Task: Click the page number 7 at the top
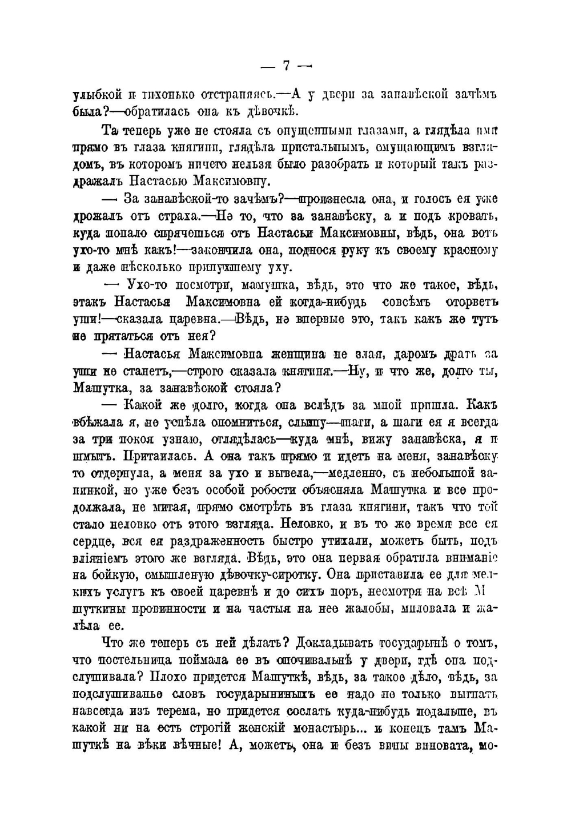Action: (x=287, y=66)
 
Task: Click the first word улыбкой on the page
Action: (x=95, y=94)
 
